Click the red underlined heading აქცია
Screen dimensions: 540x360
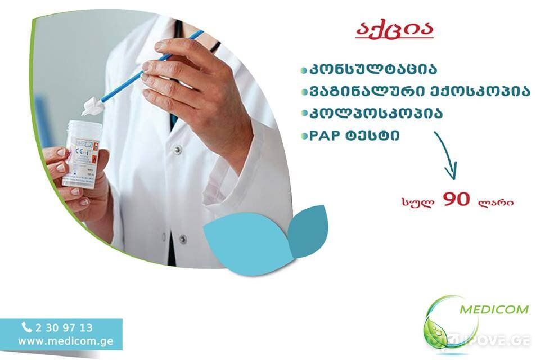(x=395, y=30)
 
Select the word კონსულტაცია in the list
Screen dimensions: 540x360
(x=373, y=69)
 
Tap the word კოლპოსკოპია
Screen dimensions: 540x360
(x=376, y=113)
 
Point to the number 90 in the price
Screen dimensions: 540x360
(x=456, y=199)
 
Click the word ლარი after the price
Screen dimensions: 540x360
(x=496, y=201)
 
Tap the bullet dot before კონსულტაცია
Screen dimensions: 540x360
(x=304, y=70)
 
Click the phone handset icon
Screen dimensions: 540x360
(x=26, y=327)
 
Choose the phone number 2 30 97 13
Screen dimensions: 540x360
(x=64, y=327)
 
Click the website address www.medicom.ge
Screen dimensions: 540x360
(x=66, y=341)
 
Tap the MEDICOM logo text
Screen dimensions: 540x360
(x=494, y=309)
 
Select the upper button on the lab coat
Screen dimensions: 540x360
(x=177, y=149)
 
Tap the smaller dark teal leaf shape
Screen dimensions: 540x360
(x=308, y=229)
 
